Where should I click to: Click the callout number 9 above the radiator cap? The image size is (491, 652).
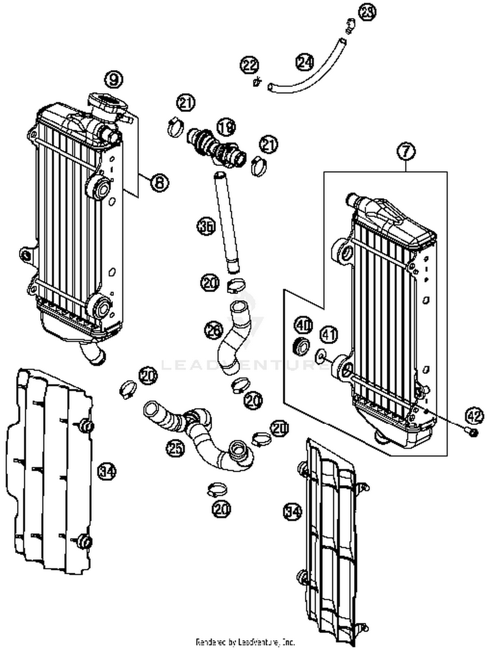pyautogui.click(x=114, y=79)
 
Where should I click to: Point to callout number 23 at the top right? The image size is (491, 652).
pyautogui.click(x=367, y=12)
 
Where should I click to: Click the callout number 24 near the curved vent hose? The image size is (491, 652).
pyautogui.click(x=305, y=62)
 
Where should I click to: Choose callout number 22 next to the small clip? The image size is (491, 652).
pyautogui.click(x=250, y=66)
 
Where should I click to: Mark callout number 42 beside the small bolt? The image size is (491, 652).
pyautogui.click(x=474, y=416)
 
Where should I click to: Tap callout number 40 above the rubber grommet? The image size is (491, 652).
pyautogui.click(x=304, y=325)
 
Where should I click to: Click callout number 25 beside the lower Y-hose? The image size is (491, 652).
pyautogui.click(x=175, y=448)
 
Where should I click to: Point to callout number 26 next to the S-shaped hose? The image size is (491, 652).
pyautogui.click(x=214, y=330)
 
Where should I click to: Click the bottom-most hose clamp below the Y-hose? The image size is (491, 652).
pyautogui.click(x=217, y=490)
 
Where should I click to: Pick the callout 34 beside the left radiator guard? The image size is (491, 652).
pyautogui.click(x=107, y=472)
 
